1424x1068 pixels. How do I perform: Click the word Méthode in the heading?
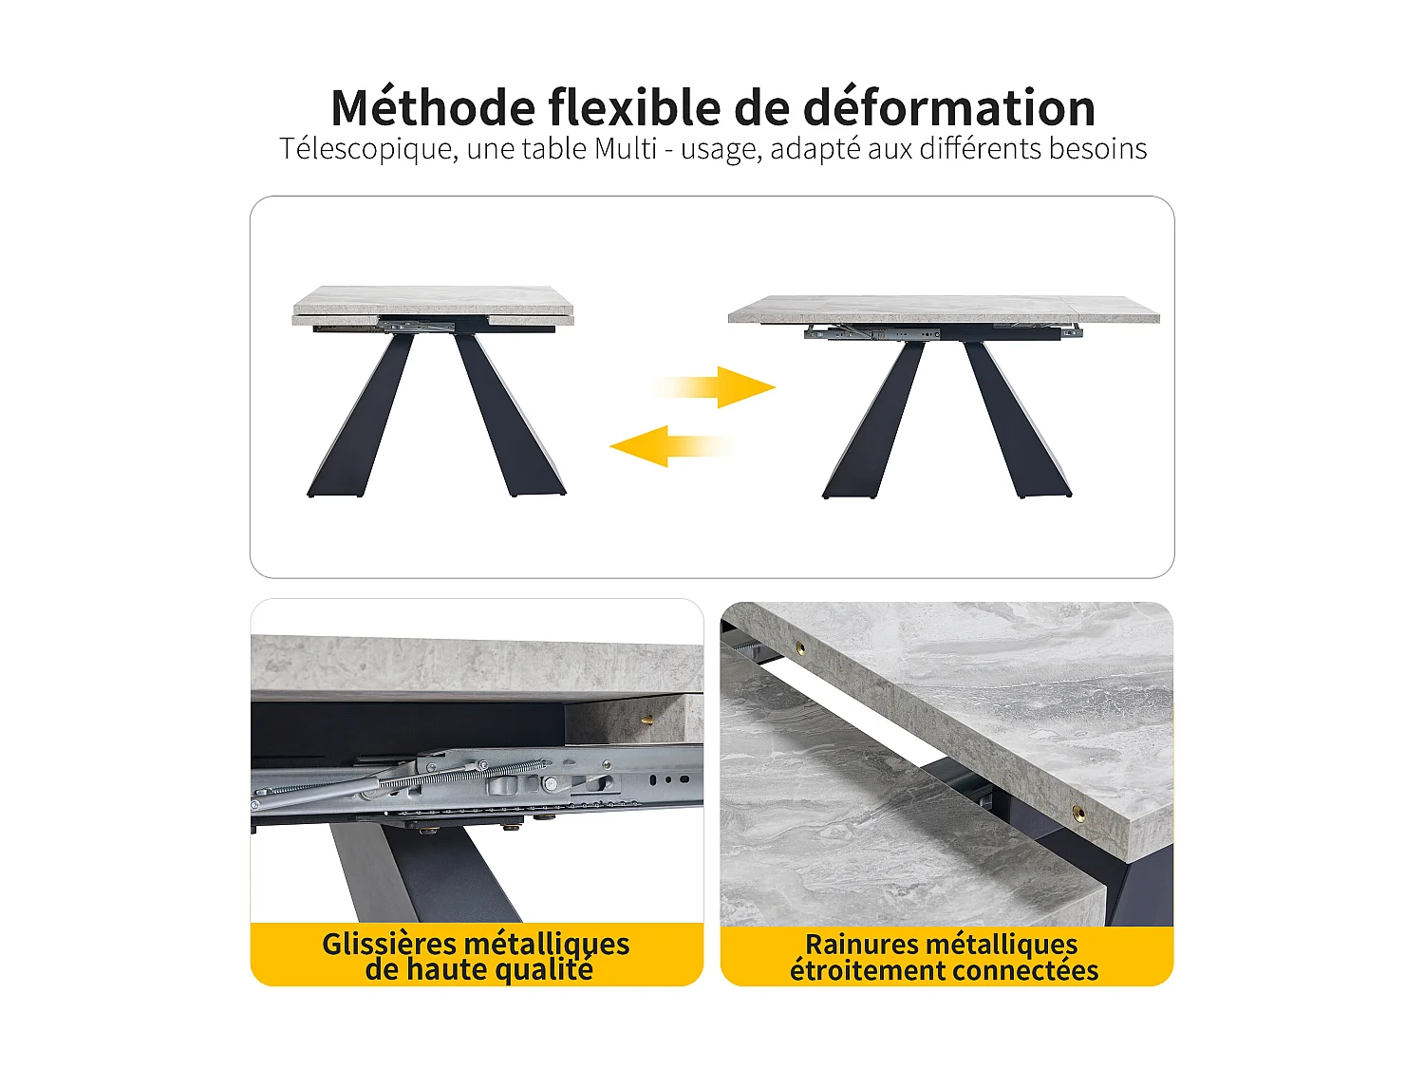[433, 107]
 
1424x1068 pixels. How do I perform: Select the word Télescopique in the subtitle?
[365, 149]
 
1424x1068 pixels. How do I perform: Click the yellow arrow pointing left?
[668, 445]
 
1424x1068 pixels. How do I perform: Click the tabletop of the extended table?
[944, 309]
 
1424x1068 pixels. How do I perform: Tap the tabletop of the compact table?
[433, 301]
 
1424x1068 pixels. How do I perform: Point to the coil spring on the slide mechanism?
[465, 774]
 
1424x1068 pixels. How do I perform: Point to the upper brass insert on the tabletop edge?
[799, 648]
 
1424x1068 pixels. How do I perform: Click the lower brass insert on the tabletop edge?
[1077, 813]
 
